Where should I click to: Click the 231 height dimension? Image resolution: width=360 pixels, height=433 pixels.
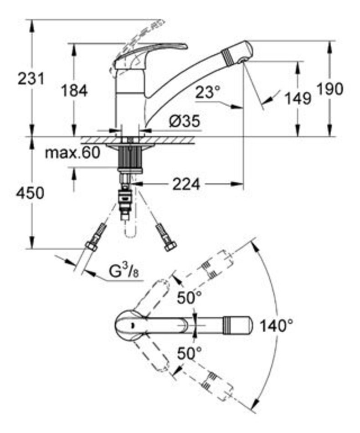pos(31,79)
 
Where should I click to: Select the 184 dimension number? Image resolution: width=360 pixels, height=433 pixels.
pos(74,91)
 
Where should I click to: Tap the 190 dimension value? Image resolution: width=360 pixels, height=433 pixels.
pos(330,89)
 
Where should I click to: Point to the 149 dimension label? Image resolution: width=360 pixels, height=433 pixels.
pos(298,98)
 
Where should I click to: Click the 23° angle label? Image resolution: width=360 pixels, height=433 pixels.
pos(208,92)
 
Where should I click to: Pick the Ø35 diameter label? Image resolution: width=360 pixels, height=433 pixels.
pos(185,121)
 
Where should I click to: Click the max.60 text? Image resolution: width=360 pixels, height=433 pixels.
pos(72,153)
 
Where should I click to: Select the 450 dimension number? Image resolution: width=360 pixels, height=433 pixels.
pos(30,193)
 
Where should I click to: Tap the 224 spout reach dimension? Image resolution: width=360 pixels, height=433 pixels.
pos(186,184)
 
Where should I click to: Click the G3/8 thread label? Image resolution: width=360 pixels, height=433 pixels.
pos(123,272)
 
